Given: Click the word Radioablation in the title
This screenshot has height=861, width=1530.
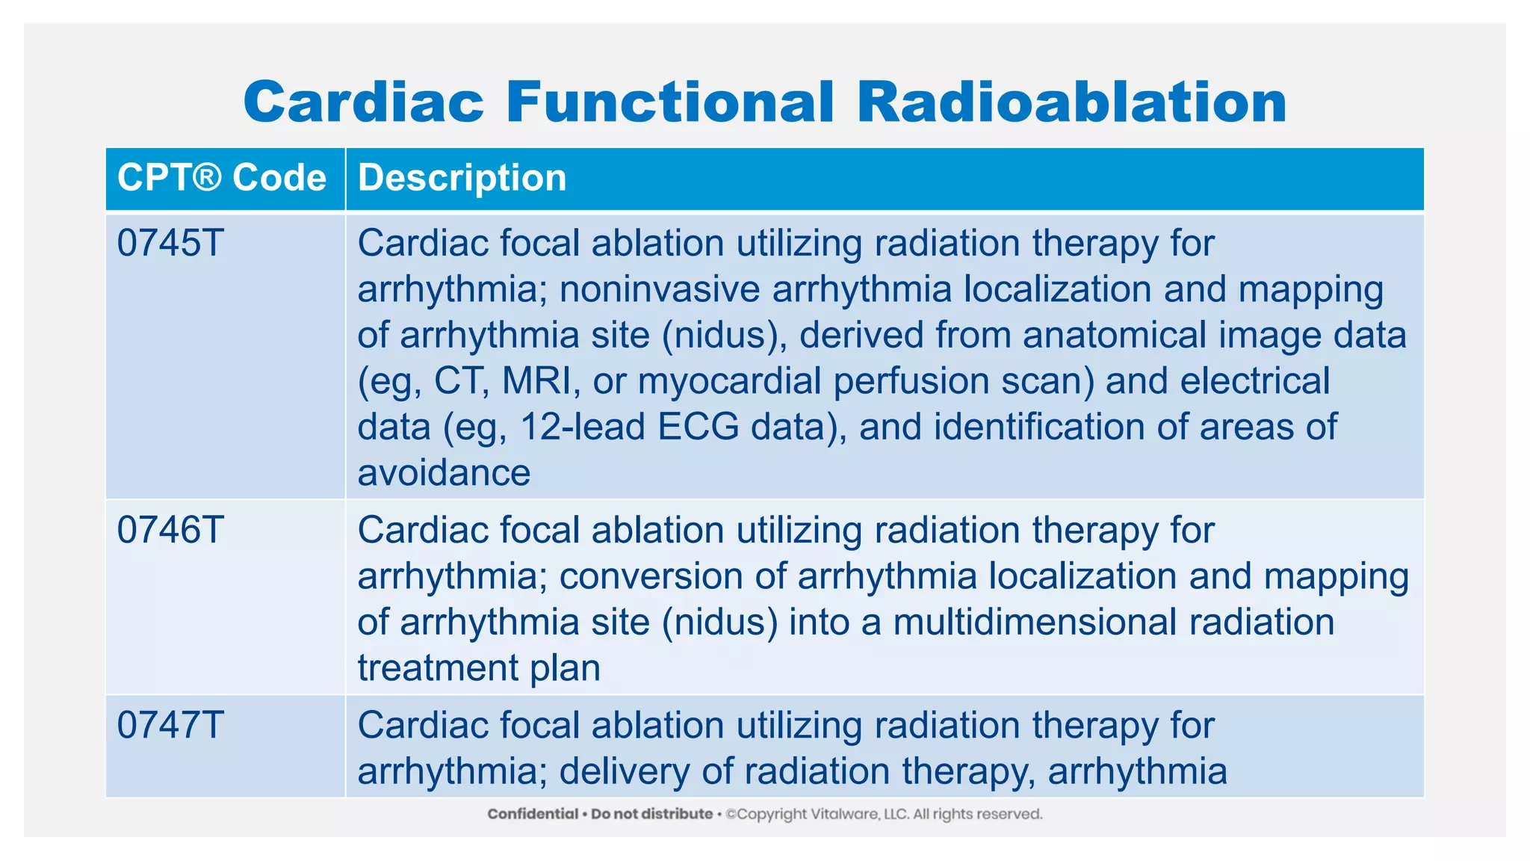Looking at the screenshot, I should click(x=1071, y=102).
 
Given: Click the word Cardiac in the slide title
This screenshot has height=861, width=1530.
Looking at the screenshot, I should click(x=364, y=102).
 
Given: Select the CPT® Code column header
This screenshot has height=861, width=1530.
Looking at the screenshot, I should click(x=222, y=178).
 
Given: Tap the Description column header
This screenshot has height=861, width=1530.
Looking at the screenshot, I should click(x=462, y=178).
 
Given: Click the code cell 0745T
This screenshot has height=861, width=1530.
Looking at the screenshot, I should click(x=170, y=244).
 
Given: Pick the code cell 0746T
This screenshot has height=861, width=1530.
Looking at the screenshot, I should click(x=170, y=531).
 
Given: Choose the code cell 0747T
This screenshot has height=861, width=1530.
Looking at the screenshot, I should click(x=170, y=726).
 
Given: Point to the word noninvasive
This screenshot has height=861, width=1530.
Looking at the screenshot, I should click(x=659, y=290).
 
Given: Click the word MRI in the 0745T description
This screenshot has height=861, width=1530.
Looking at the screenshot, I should click(x=536, y=381).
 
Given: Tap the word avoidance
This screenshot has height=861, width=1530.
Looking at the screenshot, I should click(x=444, y=473).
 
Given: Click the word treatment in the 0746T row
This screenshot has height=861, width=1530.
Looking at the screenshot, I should click(x=437, y=668).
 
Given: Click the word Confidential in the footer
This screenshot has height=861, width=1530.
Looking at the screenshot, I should click(x=533, y=814).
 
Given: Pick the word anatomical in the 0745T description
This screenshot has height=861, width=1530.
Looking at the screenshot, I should click(x=1114, y=336).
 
